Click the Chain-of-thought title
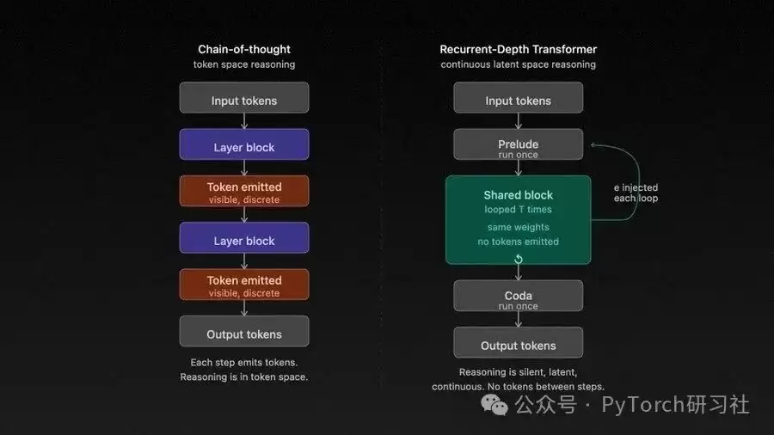[244, 49]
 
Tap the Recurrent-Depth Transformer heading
[518, 49]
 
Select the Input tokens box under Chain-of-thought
[244, 98]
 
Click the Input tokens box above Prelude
[518, 98]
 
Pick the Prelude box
[518, 144]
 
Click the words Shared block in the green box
[518, 195]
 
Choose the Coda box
[518, 296]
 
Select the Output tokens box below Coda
[518, 342]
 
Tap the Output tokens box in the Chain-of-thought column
[244, 331]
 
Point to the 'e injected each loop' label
[636, 193]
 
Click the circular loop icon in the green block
[519, 259]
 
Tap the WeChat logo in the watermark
[494, 406]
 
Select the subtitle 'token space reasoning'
[244, 64]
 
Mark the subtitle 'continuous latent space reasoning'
[518, 64]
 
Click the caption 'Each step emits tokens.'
[244, 362]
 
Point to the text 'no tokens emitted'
[518, 242]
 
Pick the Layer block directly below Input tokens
[244, 144]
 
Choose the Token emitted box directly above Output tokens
[244, 285]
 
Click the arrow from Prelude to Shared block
[519, 168]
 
